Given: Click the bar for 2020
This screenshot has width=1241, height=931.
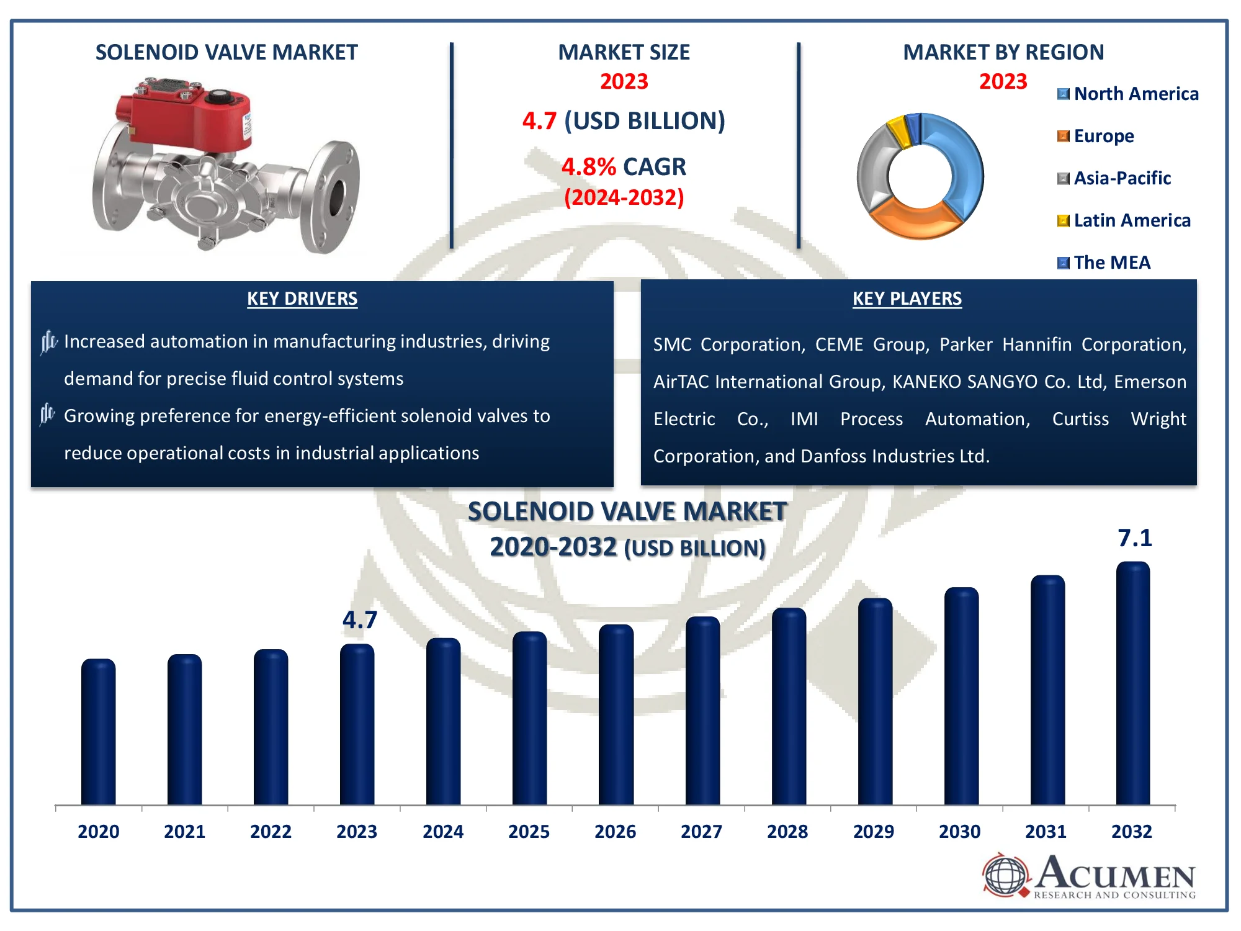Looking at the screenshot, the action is pyautogui.click(x=98, y=732).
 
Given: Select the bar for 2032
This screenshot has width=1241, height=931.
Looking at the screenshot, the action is pyautogui.click(x=1133, y=683).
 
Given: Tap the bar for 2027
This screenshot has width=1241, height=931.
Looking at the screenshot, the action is pyautogui.click(x=702, y=711).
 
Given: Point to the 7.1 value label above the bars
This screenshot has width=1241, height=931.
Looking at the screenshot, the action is pyautogui.click(x=1135, y=538).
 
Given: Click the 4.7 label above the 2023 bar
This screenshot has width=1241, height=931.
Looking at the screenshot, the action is pyautogui.click(x=360, y=620).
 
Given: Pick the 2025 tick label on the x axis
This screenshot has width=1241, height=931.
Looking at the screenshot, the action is pyautogui.click(x=529, y=832).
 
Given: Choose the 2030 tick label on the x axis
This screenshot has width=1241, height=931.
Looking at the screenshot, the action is pyautogui.click(x=960, y=832).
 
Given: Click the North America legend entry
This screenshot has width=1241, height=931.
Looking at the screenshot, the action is pyautogui.click(x=1128, y=94).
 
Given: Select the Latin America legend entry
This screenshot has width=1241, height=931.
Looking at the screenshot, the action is pyautogui.click(x=1124, y=220).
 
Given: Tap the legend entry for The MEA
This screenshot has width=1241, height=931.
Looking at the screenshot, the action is pyautogui.click(x=1104, y=263).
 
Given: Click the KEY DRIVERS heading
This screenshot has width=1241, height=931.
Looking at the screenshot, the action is pyautogui.click(x=302, y=299).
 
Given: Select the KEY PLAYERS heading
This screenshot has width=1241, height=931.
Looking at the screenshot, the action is pyautogui.click(x=907, y=299).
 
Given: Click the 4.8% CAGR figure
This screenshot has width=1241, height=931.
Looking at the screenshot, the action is pyautogui.click(x=624, y=167).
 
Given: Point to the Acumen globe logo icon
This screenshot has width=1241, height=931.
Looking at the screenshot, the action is pyautogui.click(x=1005, y=876).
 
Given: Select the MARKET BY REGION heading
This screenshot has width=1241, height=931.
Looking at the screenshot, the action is pyautogui.click(x=1003, y=52).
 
